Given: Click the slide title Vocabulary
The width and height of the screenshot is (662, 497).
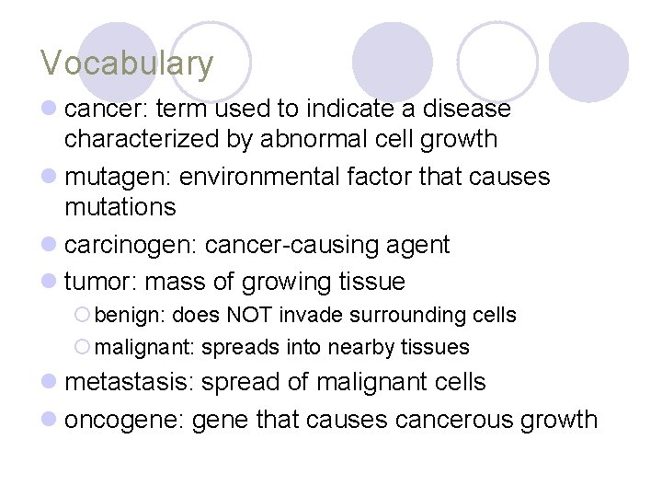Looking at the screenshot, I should point(127,64).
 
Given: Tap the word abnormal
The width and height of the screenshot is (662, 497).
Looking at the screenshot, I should point(285,140).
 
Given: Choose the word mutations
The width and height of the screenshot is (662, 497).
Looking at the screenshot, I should point(120,207).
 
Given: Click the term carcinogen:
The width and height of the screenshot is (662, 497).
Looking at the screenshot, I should point(131,246).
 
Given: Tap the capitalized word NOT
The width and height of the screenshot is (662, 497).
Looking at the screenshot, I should point(249,316).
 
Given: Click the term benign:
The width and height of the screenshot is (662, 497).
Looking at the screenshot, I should point(130,316).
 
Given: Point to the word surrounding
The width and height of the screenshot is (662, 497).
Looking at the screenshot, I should point(409,316).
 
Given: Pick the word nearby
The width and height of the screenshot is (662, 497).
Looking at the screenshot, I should point(356,348).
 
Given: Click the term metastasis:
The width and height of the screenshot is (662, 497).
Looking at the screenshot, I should point(129,382).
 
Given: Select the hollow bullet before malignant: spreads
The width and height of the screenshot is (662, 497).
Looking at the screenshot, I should point(83,348).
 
